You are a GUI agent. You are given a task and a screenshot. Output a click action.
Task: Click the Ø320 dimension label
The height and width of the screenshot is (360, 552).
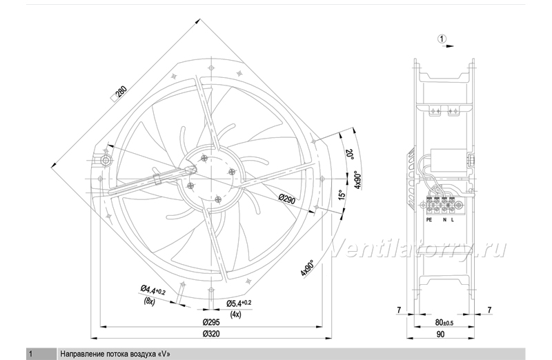(x=211, y=334)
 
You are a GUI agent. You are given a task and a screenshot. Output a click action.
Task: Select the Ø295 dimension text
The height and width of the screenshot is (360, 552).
(x=211, y=322)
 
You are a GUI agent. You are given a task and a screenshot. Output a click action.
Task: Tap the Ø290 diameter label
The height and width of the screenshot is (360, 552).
(x=287, y=200)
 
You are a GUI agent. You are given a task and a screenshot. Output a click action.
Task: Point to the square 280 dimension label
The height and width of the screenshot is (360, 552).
(x=119, y=94)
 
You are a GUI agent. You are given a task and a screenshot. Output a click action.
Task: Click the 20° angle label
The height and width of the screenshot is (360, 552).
(x=350, y=154)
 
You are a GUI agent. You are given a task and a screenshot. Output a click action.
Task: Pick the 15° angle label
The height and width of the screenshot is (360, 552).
(x=341, y=194)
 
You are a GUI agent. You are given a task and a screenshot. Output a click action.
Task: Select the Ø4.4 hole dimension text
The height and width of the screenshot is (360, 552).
(x=153, y=290)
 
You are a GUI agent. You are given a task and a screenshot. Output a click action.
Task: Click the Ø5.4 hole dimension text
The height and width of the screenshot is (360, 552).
(x=239, y=303)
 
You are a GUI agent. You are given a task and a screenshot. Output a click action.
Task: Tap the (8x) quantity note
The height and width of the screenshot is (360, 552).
(x=149, y=301)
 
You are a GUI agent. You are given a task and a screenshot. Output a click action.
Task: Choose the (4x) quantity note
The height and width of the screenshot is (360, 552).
(x=235, y=314)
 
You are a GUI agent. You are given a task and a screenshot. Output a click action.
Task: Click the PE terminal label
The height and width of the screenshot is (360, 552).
(x=428, y=220)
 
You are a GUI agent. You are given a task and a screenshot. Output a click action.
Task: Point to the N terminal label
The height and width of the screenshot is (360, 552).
(x=444, y=220)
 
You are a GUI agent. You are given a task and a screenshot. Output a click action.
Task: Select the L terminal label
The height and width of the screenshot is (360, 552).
(x=453, y=220)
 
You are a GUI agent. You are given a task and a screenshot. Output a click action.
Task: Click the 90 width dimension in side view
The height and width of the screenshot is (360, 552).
(x=440, y=334)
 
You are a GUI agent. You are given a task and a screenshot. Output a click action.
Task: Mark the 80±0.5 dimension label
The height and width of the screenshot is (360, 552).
(x=444, y=322)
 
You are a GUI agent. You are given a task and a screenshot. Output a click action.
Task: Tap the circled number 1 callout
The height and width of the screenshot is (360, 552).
(x=442, y=39)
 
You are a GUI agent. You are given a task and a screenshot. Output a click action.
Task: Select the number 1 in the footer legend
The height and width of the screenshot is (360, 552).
(x=30, y=354)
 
